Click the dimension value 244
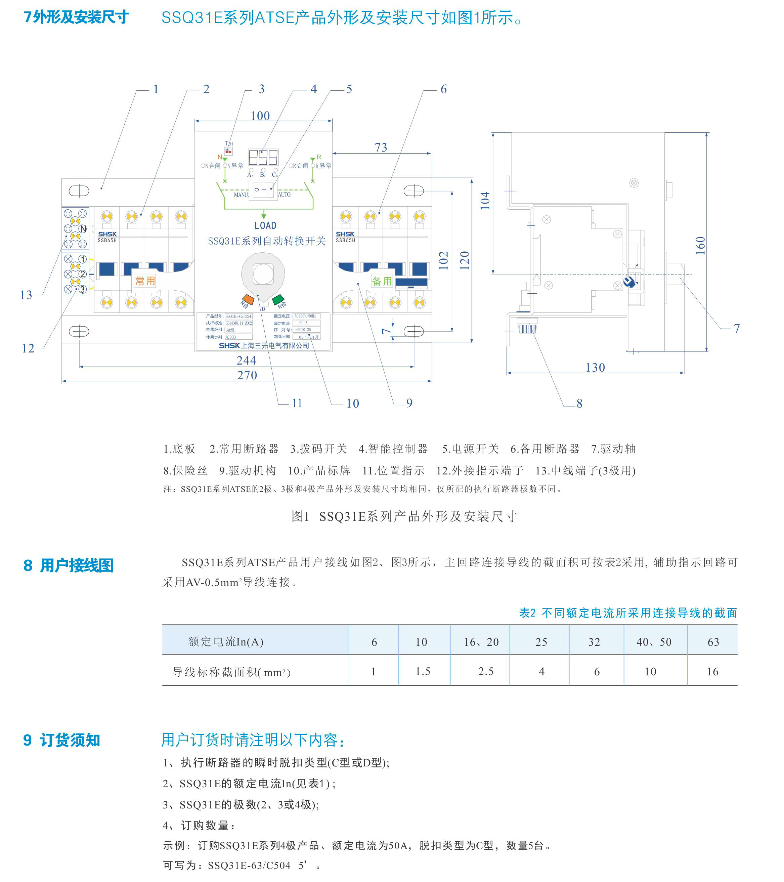[246, 360]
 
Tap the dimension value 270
[247, 375]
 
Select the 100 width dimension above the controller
[260, 116]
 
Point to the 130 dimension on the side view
[595, 368]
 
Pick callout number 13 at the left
[26, 295]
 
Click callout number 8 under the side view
[579, 404]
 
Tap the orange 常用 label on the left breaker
[145, 281]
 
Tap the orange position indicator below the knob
[248, 299]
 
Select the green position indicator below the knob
[278, 299]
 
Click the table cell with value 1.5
[423, 671]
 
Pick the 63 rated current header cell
[713, 642]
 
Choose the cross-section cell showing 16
[712, 671]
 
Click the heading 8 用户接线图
[68, 565]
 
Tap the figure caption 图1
[300, 516]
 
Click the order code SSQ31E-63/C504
[249, 866]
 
